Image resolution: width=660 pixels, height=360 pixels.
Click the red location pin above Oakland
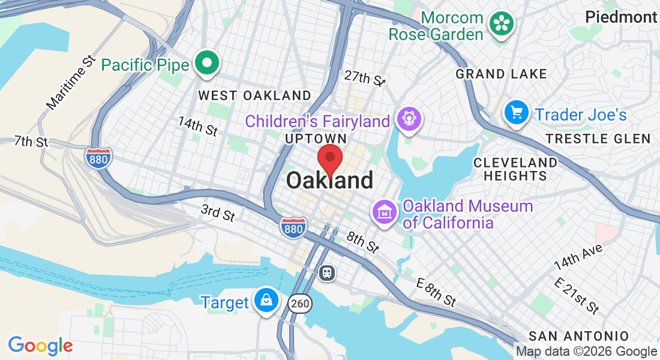pyautogui.click(x=329, y=160)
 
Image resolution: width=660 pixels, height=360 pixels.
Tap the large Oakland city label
pyautogui.click(x=329, y=181)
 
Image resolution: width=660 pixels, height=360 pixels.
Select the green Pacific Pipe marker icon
pyautogui.click(x=207, y=64)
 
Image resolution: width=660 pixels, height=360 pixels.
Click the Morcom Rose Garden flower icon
pyautogui.click(x=501, y=25)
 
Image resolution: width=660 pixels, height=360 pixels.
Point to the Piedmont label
pyautogui.click(x=621, y=17)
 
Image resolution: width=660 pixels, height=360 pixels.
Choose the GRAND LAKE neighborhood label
pyautogui.click(x=501, y=74)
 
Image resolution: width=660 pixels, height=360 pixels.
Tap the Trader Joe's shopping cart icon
pyautogui.click(x=516, y=113)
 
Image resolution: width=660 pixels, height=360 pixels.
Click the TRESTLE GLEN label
pyautogui.click(x=598, y=139)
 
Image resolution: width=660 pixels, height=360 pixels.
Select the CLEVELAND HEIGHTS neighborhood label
pyautogui.click(x=515, y=169)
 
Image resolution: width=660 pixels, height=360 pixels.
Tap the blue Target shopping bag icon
pyautogui.click(x=265, y=299)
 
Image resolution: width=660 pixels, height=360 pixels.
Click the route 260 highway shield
pyautogui.click(x=300, y=304)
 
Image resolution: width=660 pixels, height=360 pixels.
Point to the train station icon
pyautogui.click(x=327, y=273)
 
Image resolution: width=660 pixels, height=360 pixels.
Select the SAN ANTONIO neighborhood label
pyautogui.click(x=578, y=336)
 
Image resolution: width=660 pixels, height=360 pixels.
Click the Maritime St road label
pyautogui.click(x=71, y=82)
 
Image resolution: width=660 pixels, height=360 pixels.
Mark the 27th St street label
pyautogui.click(x=364, y=78)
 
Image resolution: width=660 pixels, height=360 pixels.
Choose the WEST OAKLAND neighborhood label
pyautogui.click(x=254, y=95)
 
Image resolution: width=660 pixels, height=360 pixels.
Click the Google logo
pyautogui.click(x=40, y=346)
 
